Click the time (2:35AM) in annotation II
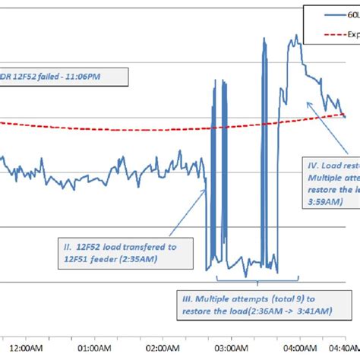(171, 260)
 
